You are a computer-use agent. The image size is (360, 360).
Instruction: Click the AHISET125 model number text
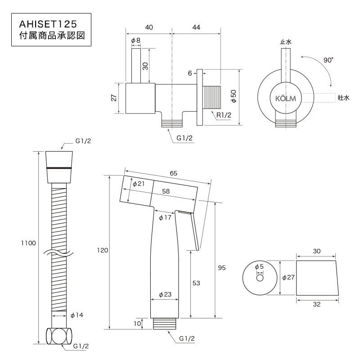pos(48,24)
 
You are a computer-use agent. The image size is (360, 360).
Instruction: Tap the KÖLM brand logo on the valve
pos(286,99)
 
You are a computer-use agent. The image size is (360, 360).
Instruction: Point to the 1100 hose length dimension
pos(28,243)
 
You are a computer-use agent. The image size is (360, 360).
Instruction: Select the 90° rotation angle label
pos(328,60)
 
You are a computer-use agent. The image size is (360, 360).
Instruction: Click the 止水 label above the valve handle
pos(286,42)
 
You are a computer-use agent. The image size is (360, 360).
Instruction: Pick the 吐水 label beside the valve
pos(344,98)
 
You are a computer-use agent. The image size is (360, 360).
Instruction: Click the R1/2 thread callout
pos(224,115)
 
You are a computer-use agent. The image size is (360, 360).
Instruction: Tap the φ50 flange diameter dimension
pos(234,96)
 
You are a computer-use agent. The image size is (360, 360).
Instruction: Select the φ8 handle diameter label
pos(136,40)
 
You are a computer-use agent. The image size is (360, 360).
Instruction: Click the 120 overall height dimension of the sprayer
pos(103,250)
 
